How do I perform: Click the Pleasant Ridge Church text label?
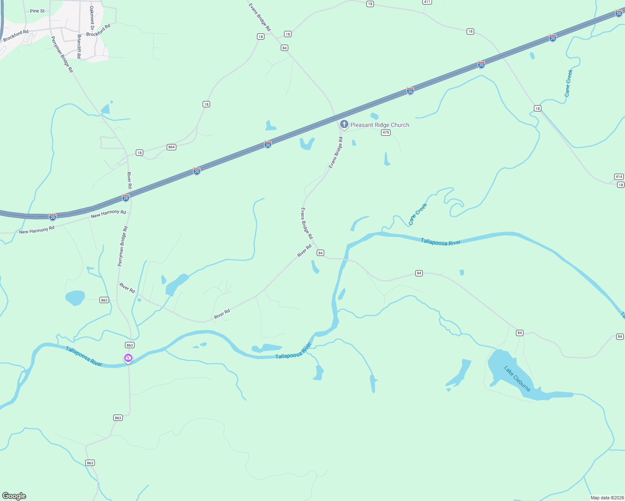pos(380,125)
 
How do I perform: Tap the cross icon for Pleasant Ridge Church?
pos(344,124)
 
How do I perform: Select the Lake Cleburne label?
pos(517,379)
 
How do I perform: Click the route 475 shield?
pos(386,132)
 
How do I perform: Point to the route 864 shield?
pos(171,147)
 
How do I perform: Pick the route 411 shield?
pos(427,2)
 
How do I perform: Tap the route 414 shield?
pos(619,177)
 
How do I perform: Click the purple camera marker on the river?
pos(128,358)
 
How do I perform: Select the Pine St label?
pos(37,11)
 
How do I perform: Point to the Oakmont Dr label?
pos(92,18)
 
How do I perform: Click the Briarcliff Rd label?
pos(79,46)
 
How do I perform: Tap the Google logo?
pos(14,496)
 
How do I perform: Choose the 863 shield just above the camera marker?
pos(130,345)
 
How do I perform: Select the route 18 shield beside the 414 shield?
pos(621,185)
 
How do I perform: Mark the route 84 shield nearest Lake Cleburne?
pos(520,333)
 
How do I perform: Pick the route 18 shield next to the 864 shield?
pos(140,153)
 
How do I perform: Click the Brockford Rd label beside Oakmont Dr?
pos(99,30)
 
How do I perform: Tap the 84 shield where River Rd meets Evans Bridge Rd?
pos(320,253)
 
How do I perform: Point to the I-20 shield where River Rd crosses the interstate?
pos(126,197)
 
